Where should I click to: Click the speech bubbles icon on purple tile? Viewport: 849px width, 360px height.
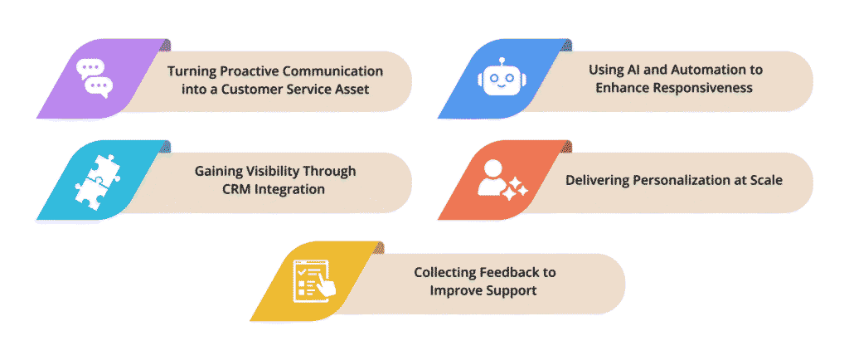click(x=93, y=77)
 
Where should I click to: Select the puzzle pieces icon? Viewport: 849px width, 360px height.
click(x=94, y=178)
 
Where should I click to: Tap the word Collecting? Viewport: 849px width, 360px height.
click(x=444, y=272)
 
